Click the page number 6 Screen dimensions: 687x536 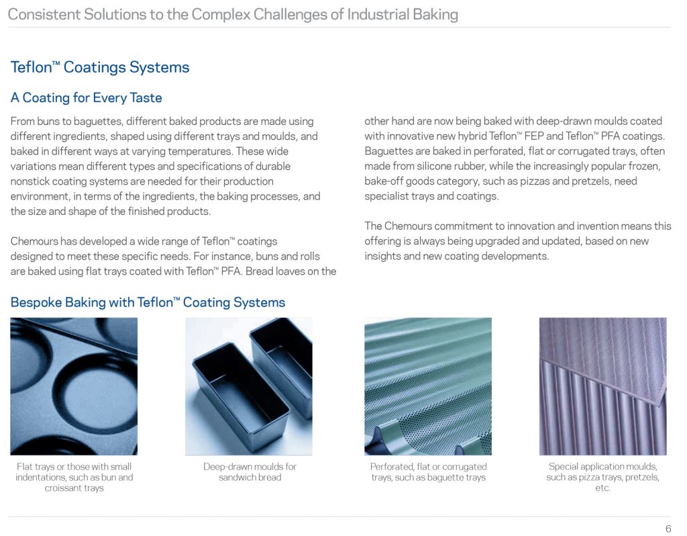[x=668, y=529]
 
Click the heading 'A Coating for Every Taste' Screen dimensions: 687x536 [x=87, y=97]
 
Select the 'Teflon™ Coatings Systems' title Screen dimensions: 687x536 [x=100, y=67]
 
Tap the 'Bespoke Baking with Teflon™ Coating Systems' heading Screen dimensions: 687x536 [x=148, y=302]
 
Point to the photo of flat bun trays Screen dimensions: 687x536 [x=74, y=386]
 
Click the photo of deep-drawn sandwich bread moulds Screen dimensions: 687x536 [x=249, y=386]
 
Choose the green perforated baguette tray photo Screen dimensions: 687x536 [x=428, y=386]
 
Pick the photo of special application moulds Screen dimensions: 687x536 [x=603, y=386]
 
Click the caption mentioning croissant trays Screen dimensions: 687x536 [x=74, y=477]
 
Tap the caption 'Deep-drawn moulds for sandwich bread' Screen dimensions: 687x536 [x=250, y=472]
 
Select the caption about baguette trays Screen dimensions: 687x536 [x=429, y=472]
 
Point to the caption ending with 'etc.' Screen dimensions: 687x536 [x=603, y=477]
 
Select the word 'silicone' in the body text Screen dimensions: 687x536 [x=439, y=166]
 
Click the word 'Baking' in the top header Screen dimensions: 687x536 [x=435, y=15]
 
